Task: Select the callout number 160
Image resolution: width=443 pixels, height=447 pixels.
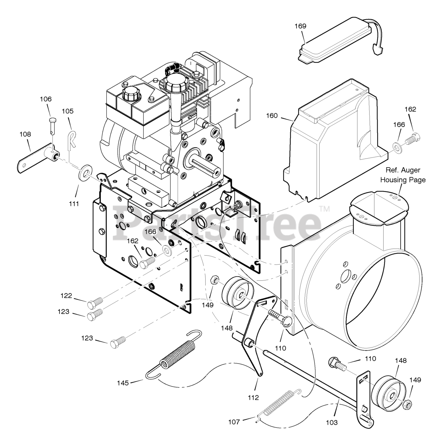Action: [x=271, y=116]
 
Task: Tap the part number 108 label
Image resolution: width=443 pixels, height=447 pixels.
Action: [x=25, y=134]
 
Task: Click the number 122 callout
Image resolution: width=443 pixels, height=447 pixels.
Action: [x=66, y=296]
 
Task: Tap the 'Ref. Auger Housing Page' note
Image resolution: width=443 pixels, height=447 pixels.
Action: [x=403, y=175]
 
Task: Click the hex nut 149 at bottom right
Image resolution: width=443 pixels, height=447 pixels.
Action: [x=407, y=404]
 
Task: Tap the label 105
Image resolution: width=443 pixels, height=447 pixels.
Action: [x=67, y=111]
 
